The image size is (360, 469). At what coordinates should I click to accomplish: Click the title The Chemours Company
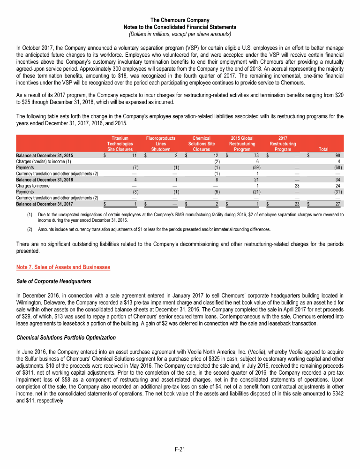[x=180, y=20]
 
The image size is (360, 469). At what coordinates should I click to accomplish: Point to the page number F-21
[x=180, y=450]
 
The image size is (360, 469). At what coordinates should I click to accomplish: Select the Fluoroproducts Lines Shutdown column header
[x=161, y=144]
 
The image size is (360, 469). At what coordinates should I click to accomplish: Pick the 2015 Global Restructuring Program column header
[x=242, y=144]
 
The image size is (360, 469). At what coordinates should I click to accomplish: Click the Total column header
[x=323, y=150]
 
